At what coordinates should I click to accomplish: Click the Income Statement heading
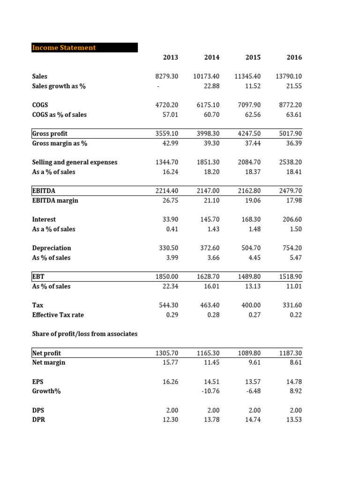click(x=64, y=48)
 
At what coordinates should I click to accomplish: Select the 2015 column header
click(x=253, y=58)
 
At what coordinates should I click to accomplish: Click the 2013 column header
click(x=171, y=58)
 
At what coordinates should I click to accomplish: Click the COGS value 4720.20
click(x=167, y=105)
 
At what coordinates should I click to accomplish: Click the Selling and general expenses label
click(x=75, y=162)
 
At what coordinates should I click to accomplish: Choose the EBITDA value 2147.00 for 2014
click(x=208, y=191)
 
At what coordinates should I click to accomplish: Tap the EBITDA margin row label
click(x=55, y=201)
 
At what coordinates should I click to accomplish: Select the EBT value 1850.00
click(x=167, y=277)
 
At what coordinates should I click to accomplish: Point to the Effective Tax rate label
click(x=58, y=315)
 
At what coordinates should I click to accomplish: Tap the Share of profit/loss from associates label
click(x=85, y=334)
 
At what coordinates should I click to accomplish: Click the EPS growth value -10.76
click(x=211, y=391)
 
